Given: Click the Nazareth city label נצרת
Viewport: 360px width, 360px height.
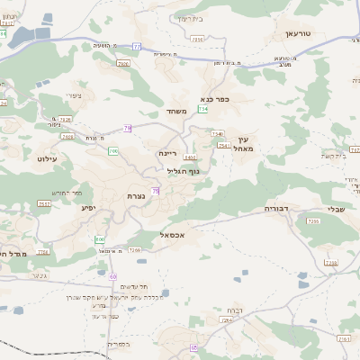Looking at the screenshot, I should click(138, 194).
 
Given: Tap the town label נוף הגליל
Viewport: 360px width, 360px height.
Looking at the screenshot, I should click(183, 170).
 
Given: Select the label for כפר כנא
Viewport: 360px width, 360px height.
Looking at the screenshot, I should click(217, 99).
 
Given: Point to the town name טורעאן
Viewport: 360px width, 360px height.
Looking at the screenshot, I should click(297, 32).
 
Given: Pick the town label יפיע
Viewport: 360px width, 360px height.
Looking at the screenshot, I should click(89, 207).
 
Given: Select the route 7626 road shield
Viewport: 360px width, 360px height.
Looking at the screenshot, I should click(123, 64).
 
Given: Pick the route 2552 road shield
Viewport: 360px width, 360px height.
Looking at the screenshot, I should click(44, 204).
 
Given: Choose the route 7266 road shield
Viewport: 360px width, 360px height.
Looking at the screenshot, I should click(134, 249).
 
